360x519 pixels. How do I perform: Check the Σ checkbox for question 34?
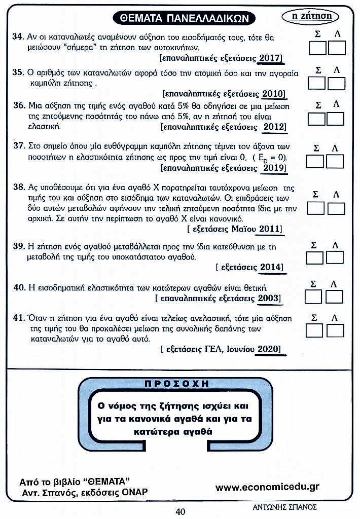(x=318, y=48)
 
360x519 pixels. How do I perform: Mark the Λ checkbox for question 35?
(x=336, y=84)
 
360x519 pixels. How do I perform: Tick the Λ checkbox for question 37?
(x=335, y=161)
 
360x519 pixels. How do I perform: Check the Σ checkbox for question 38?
(x=316, y=208)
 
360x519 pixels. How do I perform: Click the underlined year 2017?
(x=270, y=58)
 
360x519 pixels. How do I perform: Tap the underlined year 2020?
(x=269, y=349)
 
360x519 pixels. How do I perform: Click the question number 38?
(x=19, y=187)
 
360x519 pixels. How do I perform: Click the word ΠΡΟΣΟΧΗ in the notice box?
(x=177, y=384)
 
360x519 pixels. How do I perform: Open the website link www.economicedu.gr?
(x=267, y=487)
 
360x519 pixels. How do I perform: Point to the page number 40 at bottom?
(x=180, y=511)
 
